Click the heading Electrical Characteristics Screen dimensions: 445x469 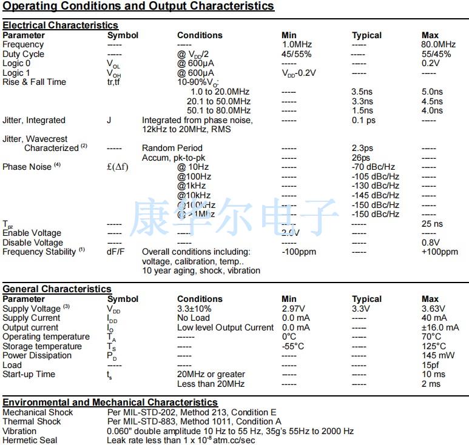(60, 25)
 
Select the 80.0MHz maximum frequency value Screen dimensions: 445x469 (438, 45)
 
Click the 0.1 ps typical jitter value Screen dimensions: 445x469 (363, 120)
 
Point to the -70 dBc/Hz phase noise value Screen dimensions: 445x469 (373, 167)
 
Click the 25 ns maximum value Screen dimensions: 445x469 (432, 224)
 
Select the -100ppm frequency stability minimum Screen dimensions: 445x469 (299, 252)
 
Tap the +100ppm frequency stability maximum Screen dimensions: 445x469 (439, 252)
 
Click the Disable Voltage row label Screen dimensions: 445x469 (33, 243)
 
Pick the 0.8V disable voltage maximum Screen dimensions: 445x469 (430, 243)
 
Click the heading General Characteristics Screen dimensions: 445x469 (57, 289)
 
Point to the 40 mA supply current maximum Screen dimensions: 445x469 (434, 318)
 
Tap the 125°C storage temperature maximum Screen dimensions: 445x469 (433, 346)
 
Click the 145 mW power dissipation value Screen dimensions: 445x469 (436, 355)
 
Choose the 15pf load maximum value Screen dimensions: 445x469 (430, 365)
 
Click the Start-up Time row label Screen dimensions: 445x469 (29, 374)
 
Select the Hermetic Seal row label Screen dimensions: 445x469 (30, 440)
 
